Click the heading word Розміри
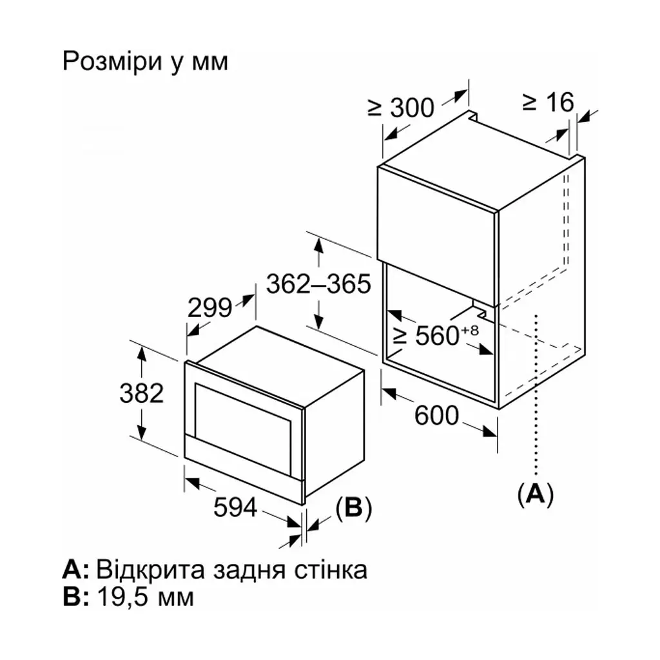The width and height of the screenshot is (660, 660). [112, 62]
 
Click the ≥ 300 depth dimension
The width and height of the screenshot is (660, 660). [401, 108]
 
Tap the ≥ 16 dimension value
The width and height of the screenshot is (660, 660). [548, 102]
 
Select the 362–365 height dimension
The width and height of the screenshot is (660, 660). [318, 284]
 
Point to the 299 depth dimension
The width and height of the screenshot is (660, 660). [209, 307]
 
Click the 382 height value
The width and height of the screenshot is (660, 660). [141, 394]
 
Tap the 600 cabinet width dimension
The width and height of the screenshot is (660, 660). [436, 416]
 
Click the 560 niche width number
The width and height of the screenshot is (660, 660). [437, 336]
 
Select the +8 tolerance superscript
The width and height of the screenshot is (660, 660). [470, 330]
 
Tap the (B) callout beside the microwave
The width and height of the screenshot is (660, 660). [354, 508]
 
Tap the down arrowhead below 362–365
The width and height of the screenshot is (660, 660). [319, 322]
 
